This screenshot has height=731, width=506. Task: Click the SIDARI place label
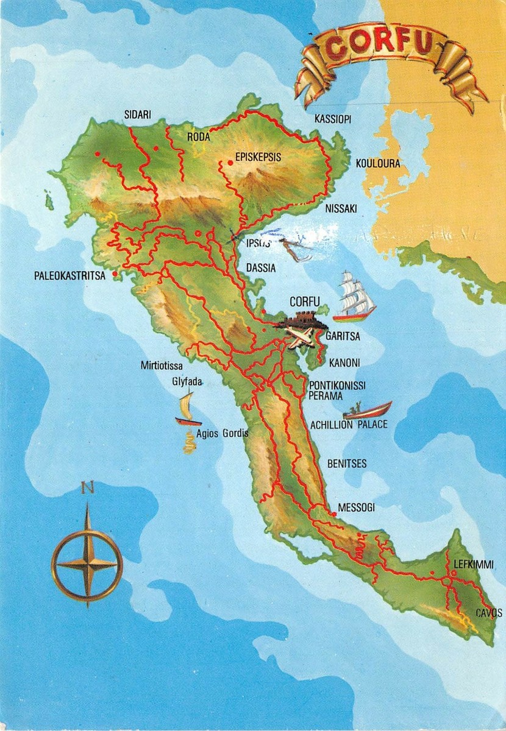137,114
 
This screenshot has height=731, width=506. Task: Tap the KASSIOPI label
332,119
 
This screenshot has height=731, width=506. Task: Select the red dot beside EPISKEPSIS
230,162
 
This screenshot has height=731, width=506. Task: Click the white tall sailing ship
355,297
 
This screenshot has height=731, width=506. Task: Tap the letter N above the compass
88,487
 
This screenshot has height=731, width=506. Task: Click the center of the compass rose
87,564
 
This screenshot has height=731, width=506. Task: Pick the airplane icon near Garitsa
301,337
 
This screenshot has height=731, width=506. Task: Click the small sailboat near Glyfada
187,409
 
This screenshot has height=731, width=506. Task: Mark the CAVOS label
490,612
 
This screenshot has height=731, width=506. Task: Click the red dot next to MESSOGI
334,515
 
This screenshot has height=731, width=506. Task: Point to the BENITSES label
347,464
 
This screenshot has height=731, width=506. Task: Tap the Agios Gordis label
223,434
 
